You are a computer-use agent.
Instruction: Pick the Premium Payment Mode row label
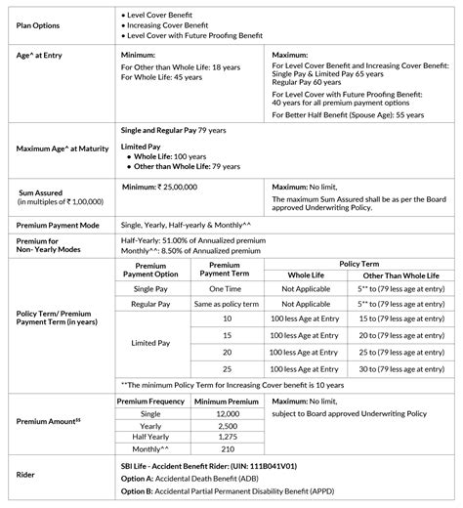point(59,225)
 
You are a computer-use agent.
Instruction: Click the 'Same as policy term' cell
point(226,306)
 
